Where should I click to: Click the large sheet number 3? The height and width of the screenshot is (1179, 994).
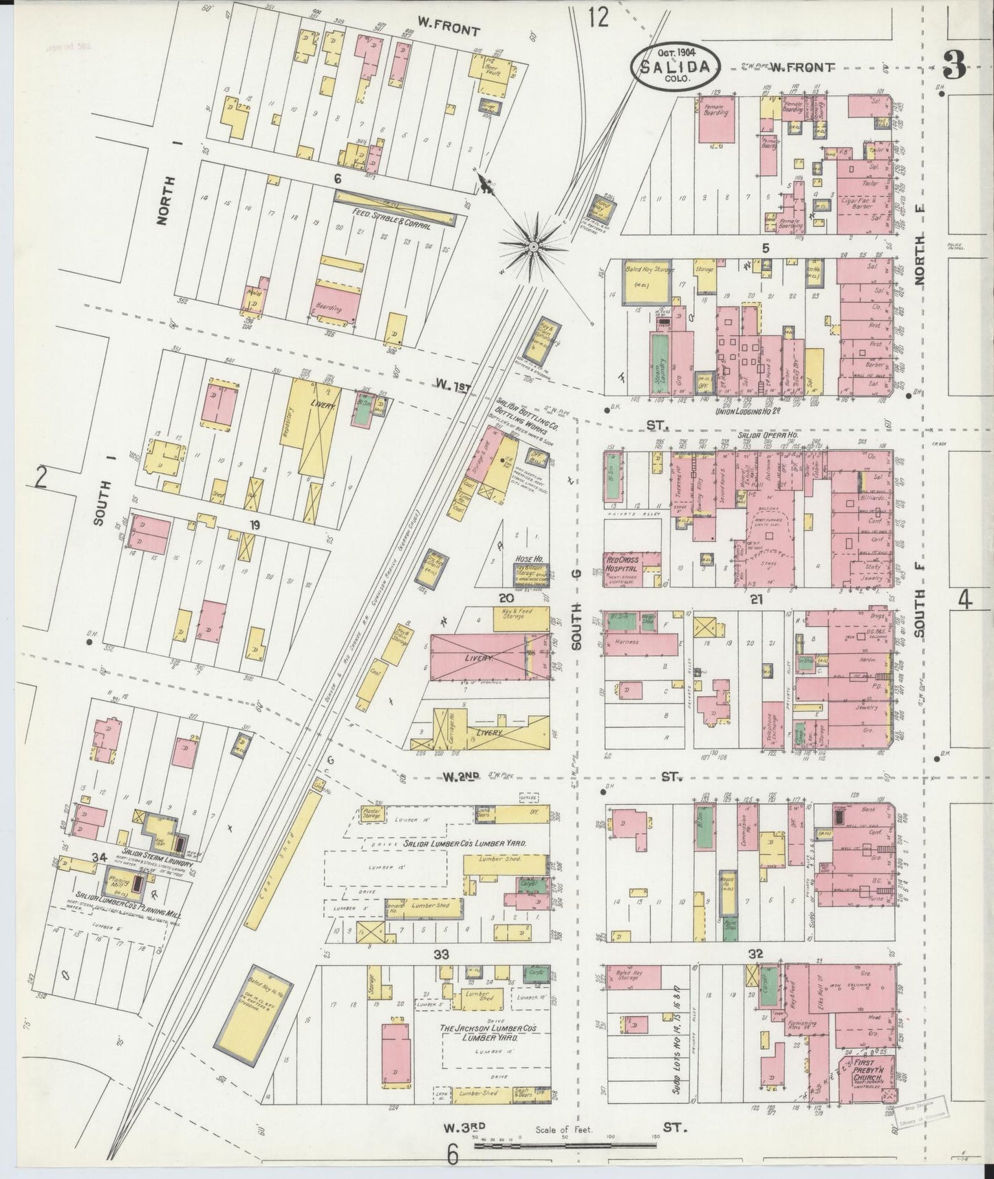pos(955,66)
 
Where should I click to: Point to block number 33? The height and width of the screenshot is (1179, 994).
pos(441,954)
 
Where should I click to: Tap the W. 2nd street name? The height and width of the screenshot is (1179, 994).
pos(460,777)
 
